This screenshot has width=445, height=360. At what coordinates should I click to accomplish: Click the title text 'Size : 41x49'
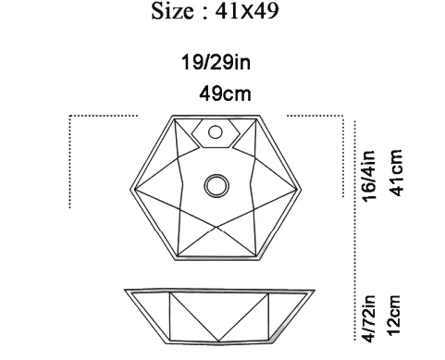tap(215, 11)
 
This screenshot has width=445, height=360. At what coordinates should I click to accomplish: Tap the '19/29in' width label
tap(216, 62)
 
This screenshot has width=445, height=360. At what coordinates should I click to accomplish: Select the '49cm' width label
tap(225, 93)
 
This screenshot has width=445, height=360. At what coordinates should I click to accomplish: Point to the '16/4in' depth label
tap(368, 176)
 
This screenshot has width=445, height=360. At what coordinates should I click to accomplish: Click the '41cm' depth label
tap(396, 173)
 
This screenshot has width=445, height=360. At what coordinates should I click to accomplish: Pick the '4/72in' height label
tap(368, 318)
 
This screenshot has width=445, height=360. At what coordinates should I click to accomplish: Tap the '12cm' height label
tap(394, 316)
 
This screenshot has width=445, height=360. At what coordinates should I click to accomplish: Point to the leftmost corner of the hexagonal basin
tap(130, 189)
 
